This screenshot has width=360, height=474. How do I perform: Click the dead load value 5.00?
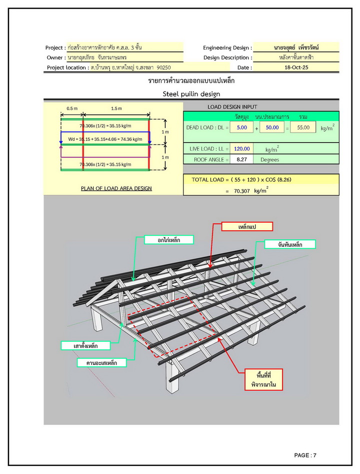tap(241, 128)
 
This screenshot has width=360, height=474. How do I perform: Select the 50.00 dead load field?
tap(272, 128)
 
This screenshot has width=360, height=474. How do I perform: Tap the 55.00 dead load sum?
tap(302, 128)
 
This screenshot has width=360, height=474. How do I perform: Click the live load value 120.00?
tap(241, 149)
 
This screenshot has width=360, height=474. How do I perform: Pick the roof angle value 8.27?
tap(241, 160)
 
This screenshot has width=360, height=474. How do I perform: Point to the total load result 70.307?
tap(243, 191)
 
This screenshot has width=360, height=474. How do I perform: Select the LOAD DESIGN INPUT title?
tap(232, 107)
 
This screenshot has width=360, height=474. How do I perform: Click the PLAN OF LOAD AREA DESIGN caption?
tap(116, 188)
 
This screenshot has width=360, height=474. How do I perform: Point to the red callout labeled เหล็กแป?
tap(248, 227)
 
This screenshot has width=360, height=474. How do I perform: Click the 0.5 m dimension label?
tap(72, 108)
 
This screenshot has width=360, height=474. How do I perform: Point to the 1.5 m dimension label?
tap(116, 108)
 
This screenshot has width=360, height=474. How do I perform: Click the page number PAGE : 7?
tap(305, 455)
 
